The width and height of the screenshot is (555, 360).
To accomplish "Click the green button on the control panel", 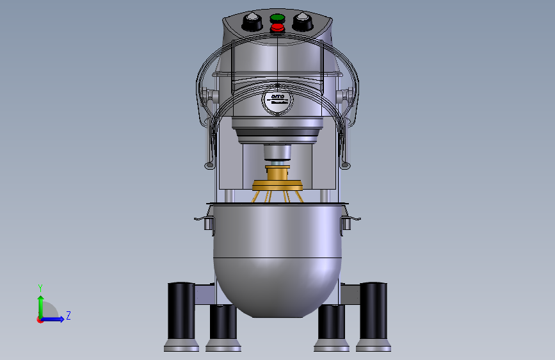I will point(277,18).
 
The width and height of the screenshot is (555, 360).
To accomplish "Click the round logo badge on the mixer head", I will point(277,100).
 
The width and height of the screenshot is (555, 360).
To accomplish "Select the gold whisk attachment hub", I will point(278,179).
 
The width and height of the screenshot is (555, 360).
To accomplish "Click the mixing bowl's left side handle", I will point(204,221).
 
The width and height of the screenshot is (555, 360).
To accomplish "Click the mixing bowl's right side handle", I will point(349,221).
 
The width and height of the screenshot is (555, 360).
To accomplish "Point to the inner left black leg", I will point(222,323).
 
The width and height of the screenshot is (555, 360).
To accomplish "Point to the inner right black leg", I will point(331,323).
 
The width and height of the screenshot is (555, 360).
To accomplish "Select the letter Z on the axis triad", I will point(68,315).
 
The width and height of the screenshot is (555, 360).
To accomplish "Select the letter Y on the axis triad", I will point(40,288).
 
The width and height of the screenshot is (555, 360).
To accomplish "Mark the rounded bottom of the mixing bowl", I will point(277,288).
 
